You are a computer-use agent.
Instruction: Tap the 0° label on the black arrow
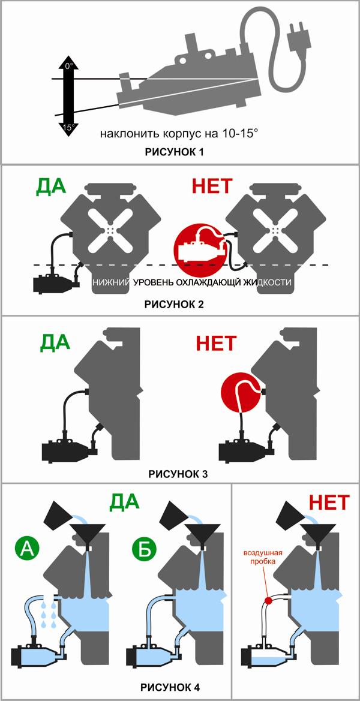click(x=68, y=66)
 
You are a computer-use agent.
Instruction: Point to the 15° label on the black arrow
click(x=68, y=127)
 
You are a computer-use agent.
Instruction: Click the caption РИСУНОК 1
click(x=175, y=152)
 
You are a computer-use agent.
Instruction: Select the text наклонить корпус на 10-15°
click(x=179, y=133)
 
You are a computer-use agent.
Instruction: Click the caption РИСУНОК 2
click(x=175, y=305)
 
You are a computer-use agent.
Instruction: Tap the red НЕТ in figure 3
click(x=215, y=344)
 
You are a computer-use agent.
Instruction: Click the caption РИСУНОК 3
click(x=178, y=474)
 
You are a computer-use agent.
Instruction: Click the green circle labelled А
click(x=27, y=549)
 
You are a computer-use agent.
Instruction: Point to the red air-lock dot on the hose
click(x=269, y=600)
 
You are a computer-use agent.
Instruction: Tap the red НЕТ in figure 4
click(x=329, y=503)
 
